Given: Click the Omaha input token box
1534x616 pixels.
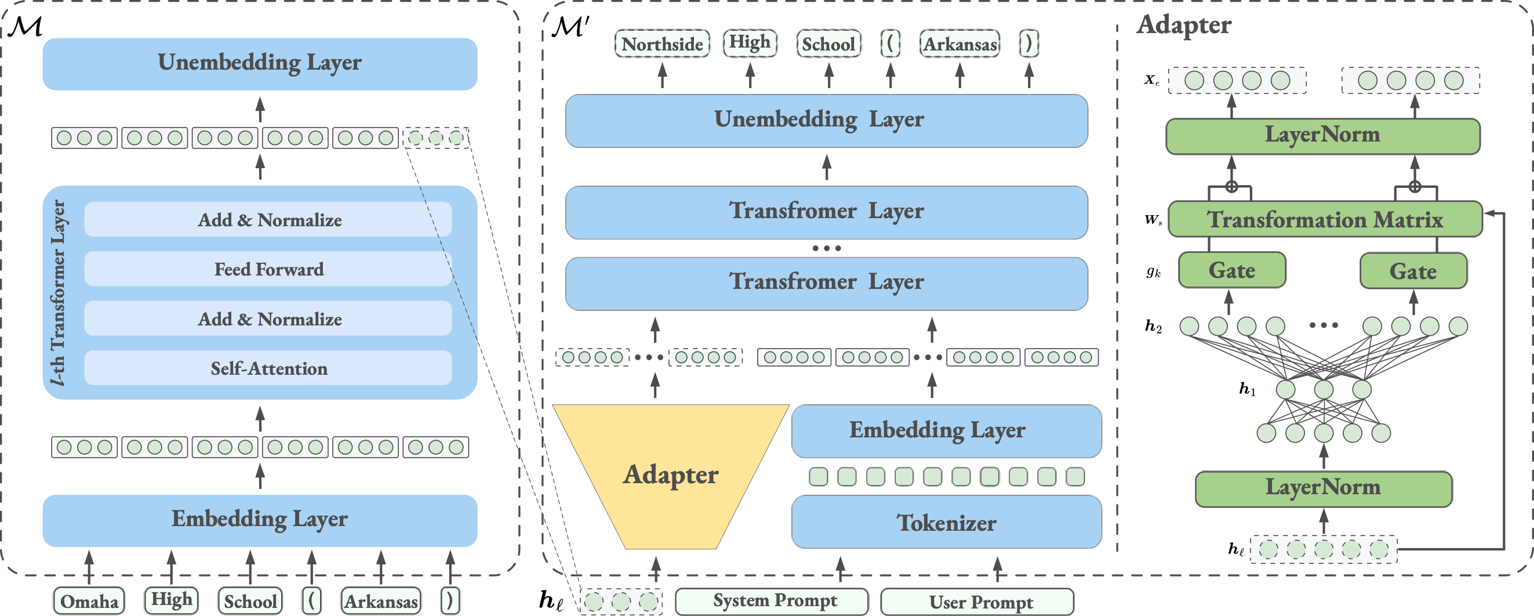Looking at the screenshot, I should (x=89, y=600).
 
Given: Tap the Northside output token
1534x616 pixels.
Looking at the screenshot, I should (x=662, y=44).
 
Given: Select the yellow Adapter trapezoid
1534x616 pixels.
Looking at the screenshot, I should (x=671, y=475).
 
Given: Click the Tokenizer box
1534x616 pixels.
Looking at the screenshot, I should (x=946, y=523).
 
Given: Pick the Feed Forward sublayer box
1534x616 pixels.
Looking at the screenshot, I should (x=268, y=269).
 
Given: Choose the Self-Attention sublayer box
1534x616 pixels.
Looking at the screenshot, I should (x=268, y=368).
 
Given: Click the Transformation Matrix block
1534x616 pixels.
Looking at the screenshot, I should (x=1324, y=219).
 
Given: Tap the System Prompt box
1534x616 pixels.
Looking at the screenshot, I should (x=772, y=601).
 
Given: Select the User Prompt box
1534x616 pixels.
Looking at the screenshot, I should (x=977, y=601).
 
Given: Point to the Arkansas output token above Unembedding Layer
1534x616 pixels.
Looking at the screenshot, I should (x=960, y=44).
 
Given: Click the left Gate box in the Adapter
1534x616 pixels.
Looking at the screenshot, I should (x=1231, y=270).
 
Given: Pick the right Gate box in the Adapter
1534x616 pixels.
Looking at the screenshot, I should (x=1412, y=271).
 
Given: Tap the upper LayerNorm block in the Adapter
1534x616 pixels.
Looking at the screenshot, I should (x=1322, y=135).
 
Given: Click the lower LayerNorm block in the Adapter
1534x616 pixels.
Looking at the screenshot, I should (x=1322, y=488).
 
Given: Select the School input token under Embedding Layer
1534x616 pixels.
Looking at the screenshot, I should (x=250, y=600).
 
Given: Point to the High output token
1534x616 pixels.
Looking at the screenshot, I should (x=750, y=43).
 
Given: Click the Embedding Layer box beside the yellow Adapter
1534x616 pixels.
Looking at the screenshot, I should (x=946, y=431).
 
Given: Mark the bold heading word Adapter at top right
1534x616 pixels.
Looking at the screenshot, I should (x=1183, y=25).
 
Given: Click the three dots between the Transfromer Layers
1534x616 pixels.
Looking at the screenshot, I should (x=827, y=248).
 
